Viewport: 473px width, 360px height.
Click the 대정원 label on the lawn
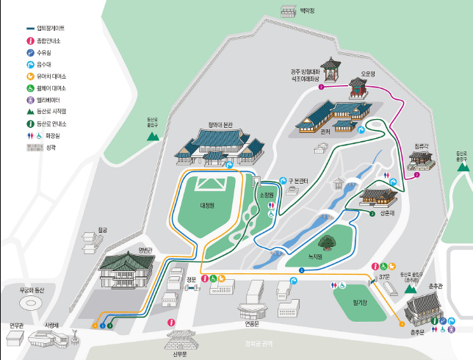tap(206, 206)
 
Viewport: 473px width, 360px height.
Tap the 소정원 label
tap(266, 195)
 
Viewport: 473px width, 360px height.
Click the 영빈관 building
tap(127, 270)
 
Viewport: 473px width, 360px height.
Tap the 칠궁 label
tap(102, 230)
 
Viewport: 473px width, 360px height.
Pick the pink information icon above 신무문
tap(172, 322)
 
